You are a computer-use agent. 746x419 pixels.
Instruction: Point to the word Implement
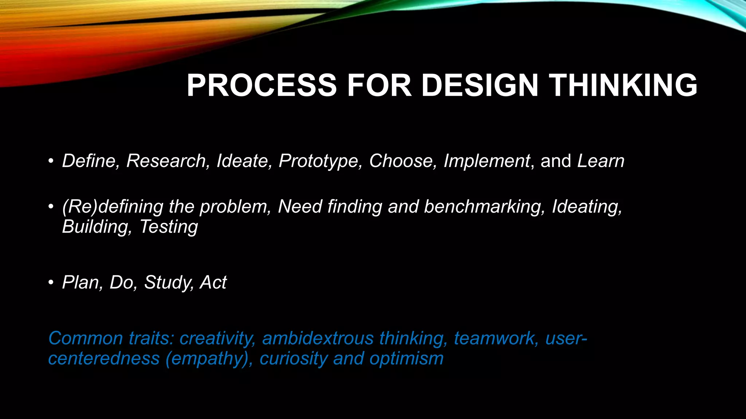point(487,161)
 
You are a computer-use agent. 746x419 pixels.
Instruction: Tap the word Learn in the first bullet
point(601,161)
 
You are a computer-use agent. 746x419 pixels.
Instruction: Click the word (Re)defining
point(113,207)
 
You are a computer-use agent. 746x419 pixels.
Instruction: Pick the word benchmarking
point(484,207)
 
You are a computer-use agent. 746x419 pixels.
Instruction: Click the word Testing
point(169,227)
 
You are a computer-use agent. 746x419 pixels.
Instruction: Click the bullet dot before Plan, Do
point(51,283)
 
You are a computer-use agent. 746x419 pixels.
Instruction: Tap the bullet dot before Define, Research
point(51,161)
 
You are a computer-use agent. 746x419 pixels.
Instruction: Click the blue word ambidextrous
point(318,338)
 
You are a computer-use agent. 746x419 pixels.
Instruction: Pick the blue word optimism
point(406,359)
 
